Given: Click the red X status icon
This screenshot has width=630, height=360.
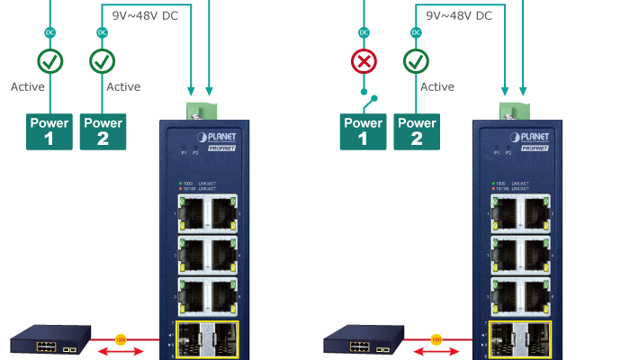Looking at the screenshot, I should [x=364, y=61].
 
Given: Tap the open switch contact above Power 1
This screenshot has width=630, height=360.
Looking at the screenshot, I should [x=369, y=96].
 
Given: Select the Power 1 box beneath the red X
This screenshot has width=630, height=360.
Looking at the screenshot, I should [x=363, y=131].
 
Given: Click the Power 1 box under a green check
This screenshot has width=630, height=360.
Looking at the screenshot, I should [x=49, y=131].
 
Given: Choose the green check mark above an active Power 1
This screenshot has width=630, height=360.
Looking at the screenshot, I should [x=49, y=61].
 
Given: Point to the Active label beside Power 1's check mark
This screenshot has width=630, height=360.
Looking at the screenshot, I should [x=27, y=87].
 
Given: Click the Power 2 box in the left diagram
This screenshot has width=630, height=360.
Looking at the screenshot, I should [x=103, y=131].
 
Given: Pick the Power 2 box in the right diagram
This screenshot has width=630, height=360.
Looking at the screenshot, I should [x=417, y=131].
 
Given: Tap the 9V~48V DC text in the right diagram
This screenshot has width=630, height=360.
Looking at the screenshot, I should [x=459, y=15].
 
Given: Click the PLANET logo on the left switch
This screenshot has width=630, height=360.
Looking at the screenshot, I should [x=215, y=136].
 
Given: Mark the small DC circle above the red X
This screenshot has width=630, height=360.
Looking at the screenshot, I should [x=364, y=32].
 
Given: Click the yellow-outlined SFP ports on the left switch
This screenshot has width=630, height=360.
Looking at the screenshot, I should [x=208, y=338].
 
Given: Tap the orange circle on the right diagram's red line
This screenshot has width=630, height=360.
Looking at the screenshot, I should [x=436, y=339].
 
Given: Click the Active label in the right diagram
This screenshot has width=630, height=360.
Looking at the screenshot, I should [x=437, y=87].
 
